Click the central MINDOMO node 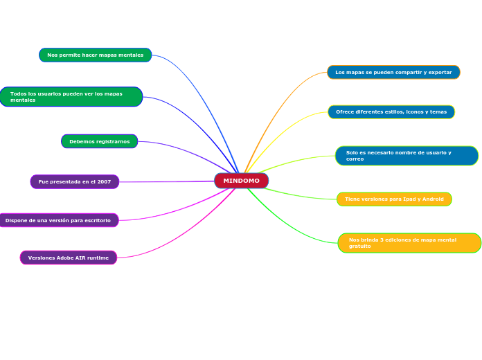(x=241, y=181)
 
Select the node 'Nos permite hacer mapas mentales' (x=95, y=55)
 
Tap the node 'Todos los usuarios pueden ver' (x=71, y=97)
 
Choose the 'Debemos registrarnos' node (x=99, y=142)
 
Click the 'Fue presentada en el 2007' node (x=74, y=182)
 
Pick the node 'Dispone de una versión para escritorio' (x=58, y=221)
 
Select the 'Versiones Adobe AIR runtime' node (x=68, y=258)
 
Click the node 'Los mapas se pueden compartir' (x=393, y=73)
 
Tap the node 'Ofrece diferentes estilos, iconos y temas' (x=391, y=112)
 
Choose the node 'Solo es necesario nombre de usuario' (x=406, y=156)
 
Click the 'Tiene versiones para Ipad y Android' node (x=394, y=199)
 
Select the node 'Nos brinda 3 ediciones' (x=409, y=243)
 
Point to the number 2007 (x=103, y=182)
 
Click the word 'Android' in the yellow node (x=432, y=199)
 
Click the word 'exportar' (x=440, y=73)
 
